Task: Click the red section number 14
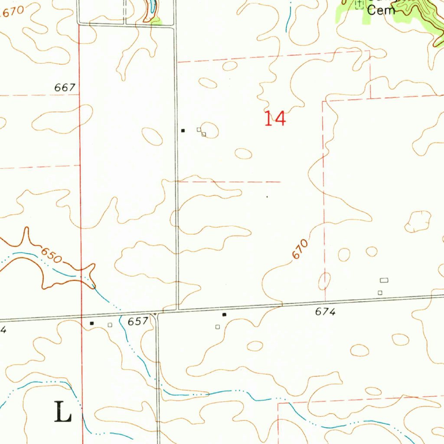[275, 118]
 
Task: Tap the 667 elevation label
[65, 88]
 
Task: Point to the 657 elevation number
[138, 321]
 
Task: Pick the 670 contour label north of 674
[300, 249]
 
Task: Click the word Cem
[381, 10]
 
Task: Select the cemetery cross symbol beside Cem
[359, 4]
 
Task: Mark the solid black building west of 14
[183, 130]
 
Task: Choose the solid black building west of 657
[91, 323]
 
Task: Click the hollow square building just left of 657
[110, 324]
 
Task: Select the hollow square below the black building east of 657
[218, 326]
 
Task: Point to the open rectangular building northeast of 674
[384, 280]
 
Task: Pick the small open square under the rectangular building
[380, 293]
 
